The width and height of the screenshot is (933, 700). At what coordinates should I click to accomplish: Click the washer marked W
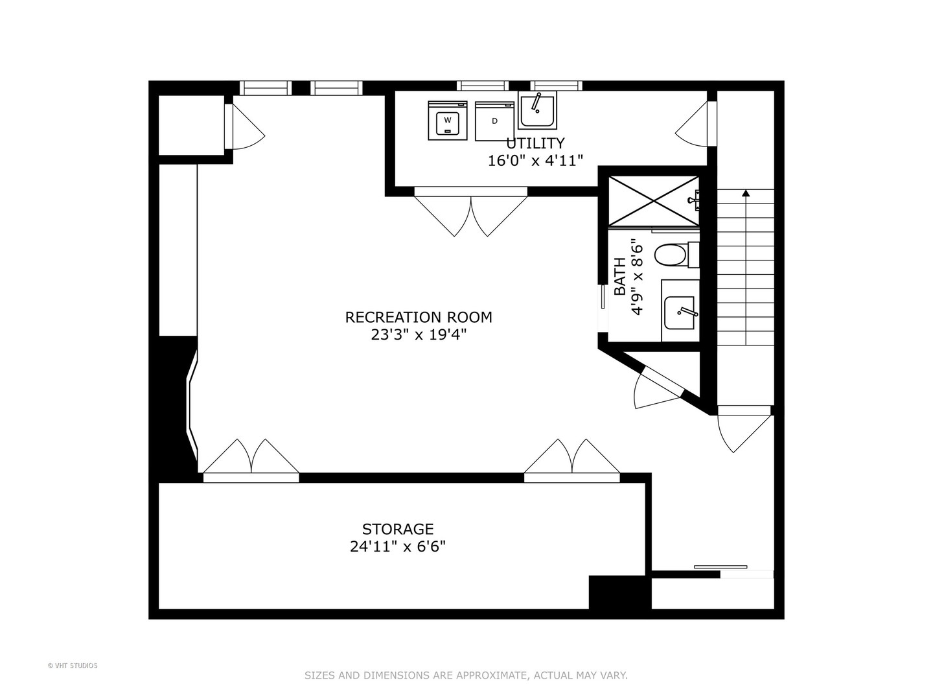click(x=447, y=121)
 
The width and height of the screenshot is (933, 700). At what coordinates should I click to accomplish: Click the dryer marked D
click(x=494, y=121)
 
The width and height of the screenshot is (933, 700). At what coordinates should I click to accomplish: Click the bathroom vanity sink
click(x=680, y=312)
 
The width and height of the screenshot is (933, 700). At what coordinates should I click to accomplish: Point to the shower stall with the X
click(x=653, y=201)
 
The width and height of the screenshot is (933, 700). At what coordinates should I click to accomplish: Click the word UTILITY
click(x=535, y=143)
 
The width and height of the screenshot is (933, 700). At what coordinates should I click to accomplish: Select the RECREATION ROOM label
click(x=418, y=317)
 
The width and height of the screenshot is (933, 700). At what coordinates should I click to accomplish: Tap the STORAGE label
click(x=397, y=529)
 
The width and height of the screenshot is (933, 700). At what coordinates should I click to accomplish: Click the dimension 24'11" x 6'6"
click(x=397, y=546)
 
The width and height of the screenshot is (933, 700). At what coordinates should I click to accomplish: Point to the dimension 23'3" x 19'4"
click(x=418, y=334)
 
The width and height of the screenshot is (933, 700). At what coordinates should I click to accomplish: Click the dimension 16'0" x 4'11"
click(x=535, y=160)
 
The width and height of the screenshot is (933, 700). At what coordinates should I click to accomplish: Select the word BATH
click(x=620, y=277)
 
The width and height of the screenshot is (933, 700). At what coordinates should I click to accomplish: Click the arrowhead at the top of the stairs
click(x=746, y=192)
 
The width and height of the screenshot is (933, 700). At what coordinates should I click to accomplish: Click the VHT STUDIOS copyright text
click(x=73, y=666)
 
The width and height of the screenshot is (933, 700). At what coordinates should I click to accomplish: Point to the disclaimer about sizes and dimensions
click(x=466, y=675)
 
